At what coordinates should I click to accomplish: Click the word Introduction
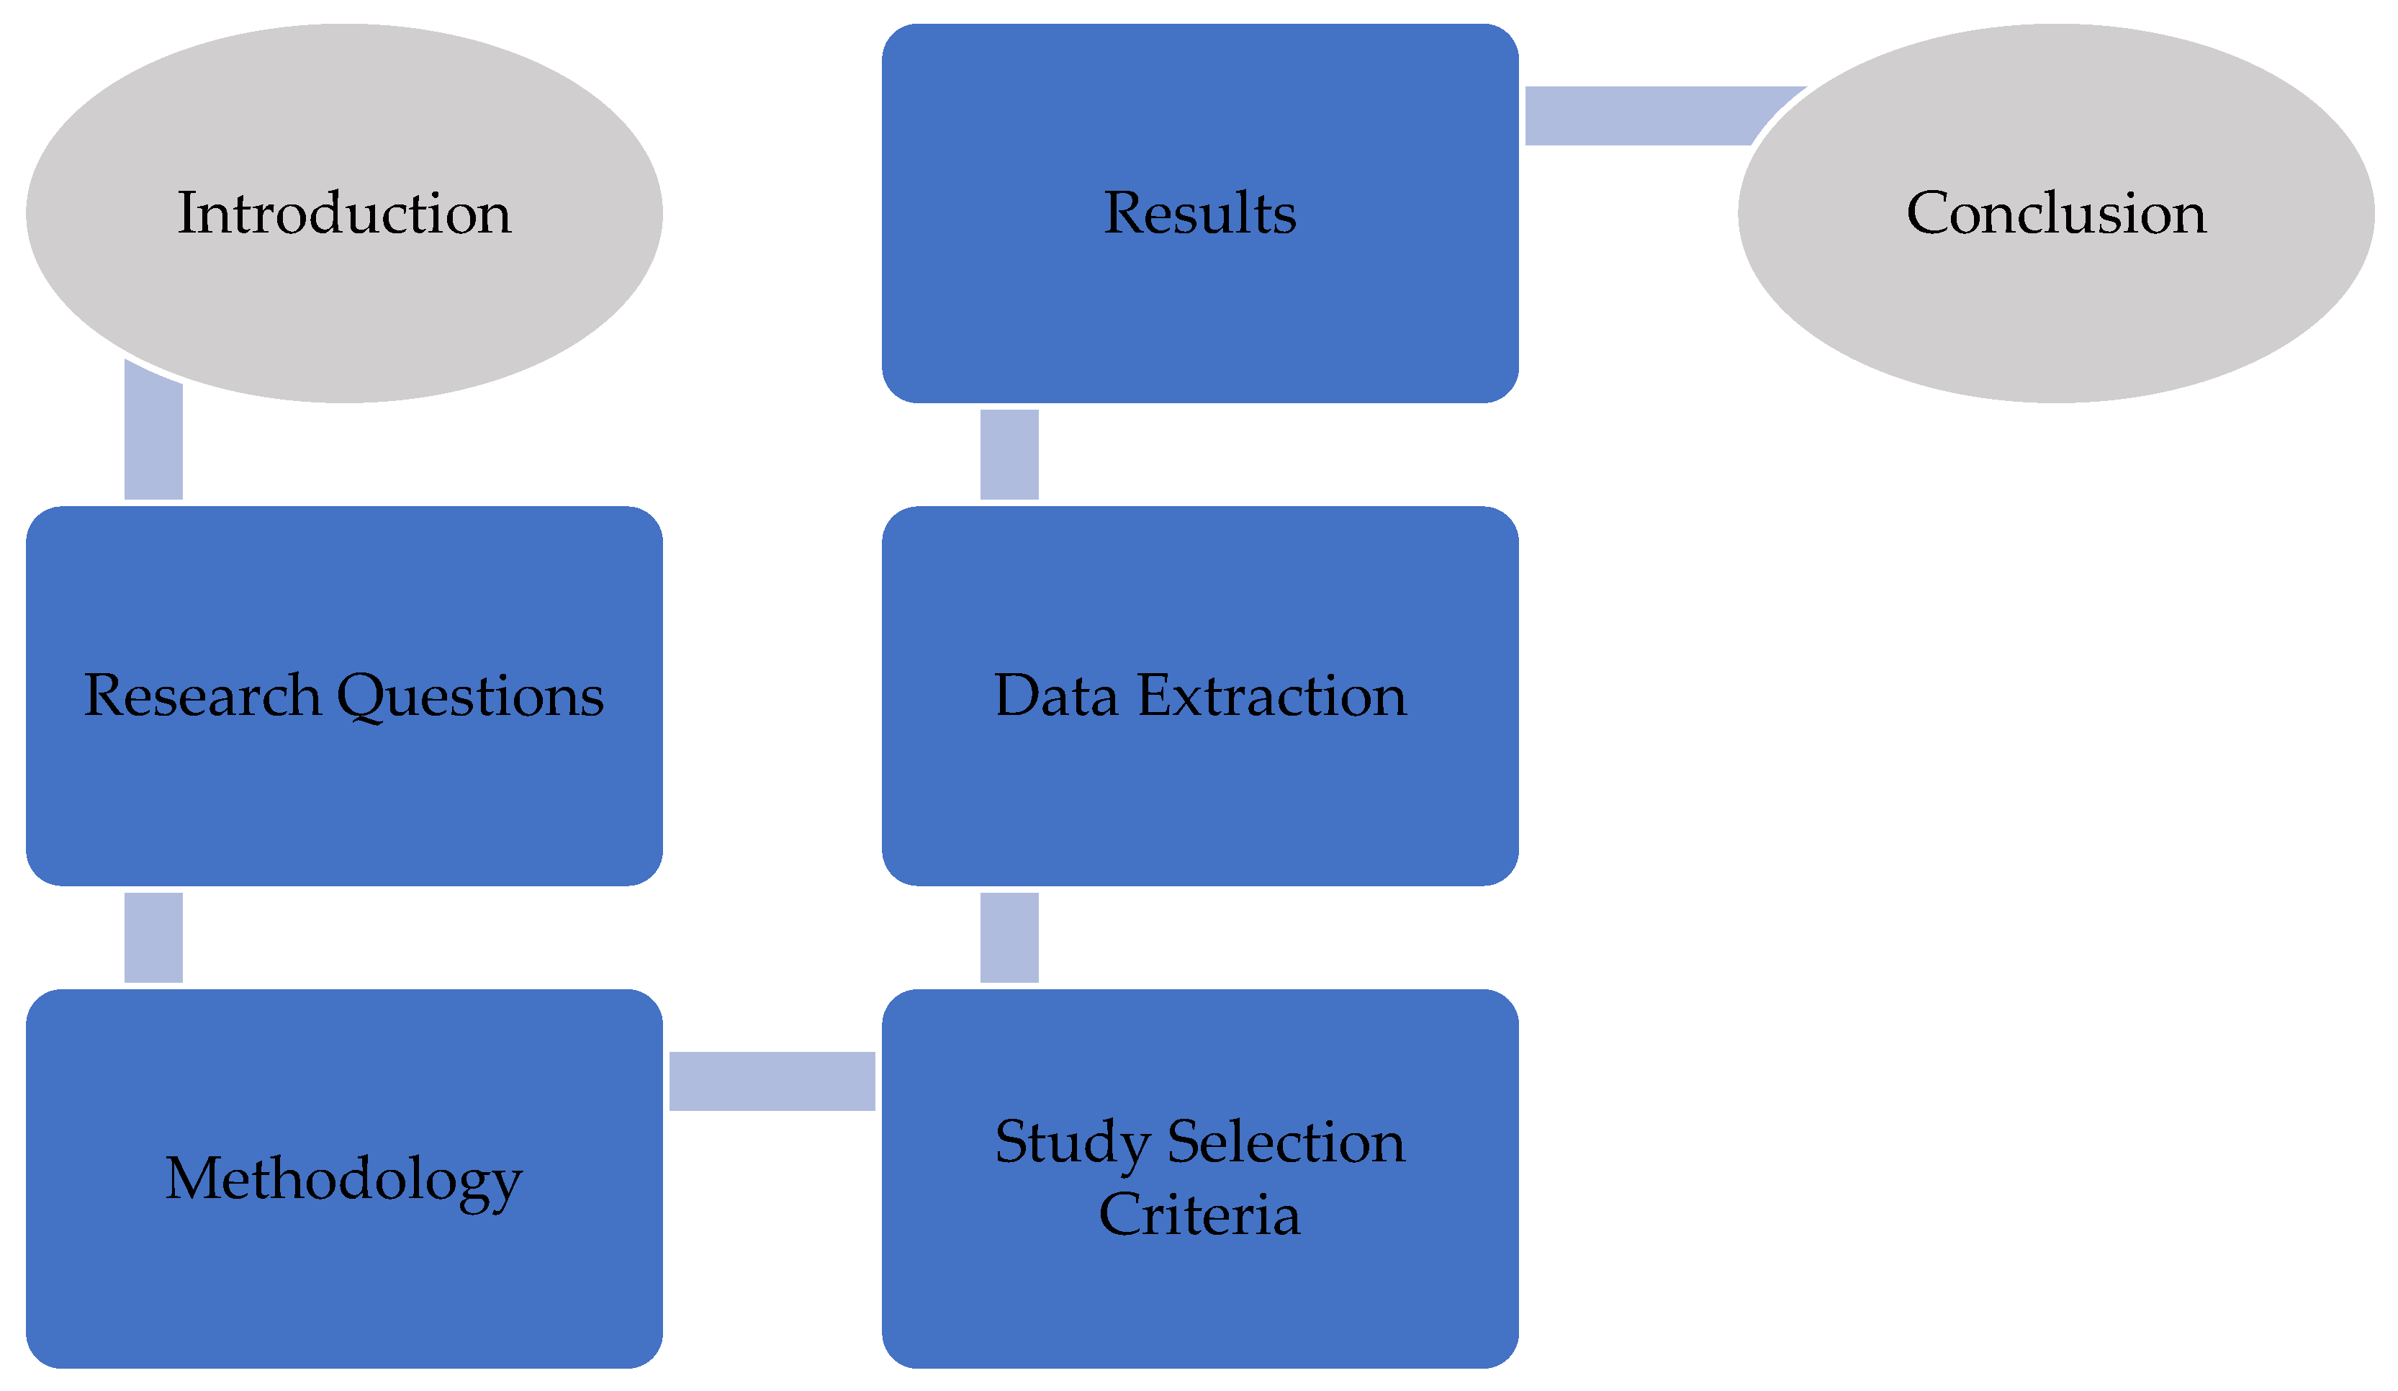pos(345,213)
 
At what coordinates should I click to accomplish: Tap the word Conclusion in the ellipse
pos(2055,213)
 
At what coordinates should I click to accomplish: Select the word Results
pos(1199,213)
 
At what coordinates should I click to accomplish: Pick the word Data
pos(1055,695)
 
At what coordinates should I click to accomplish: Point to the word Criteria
pos(1199,1215)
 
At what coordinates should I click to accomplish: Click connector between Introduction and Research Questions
pos(153,438)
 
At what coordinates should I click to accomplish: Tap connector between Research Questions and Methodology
pos(153,937)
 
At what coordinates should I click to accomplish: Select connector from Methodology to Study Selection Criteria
pos(772,1081)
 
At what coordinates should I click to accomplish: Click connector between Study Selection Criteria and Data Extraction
pos(1009,937)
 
